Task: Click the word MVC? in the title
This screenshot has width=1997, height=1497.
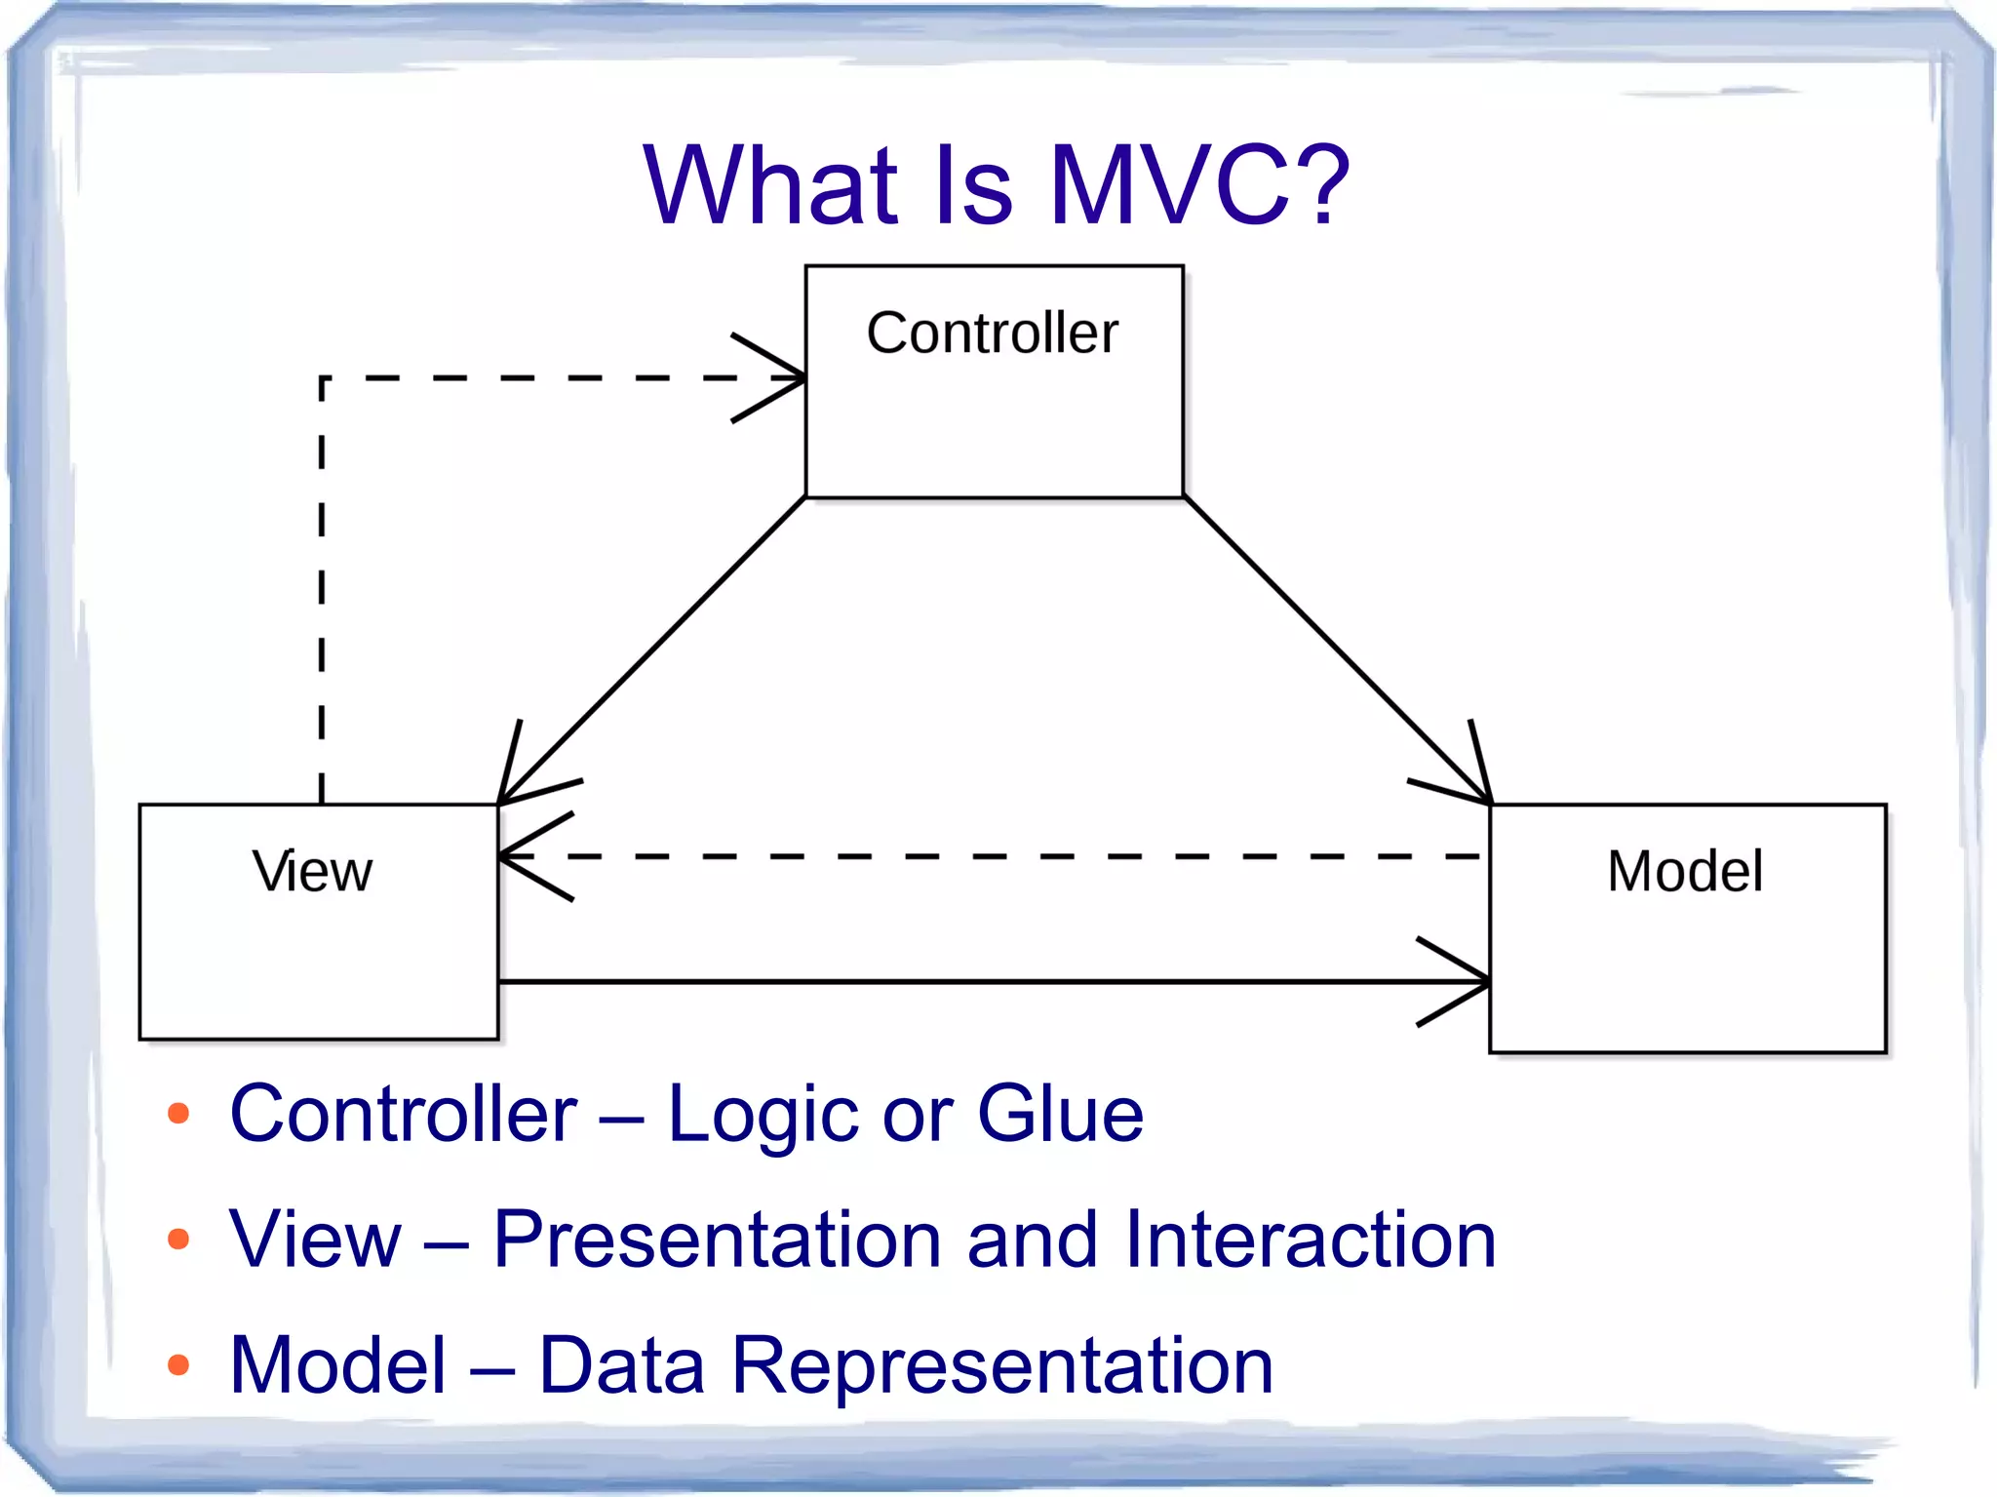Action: pyautogui.click(x=1199, y=185)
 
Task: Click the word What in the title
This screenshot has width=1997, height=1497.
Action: pyautogui.click(x=770, y=185)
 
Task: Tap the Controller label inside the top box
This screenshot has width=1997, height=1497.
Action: pyautogui.click(x=993, y=334)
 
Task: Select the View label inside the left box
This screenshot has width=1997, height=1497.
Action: pyautogui.click(x=312, y=871)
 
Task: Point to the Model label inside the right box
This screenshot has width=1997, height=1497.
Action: pyautogui.click(x=1685, y=871)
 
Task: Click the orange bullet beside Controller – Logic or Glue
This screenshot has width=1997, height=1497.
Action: pyautogui.click(x=178, y=1114)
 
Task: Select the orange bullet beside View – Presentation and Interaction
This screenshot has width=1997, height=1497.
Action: pyautogui.click(x=178, y=1239)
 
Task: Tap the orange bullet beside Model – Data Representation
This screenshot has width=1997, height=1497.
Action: pyautogui.click(x=178, y=1364)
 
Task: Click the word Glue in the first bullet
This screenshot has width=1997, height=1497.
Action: pyautogui.click(x=1060, y=1114)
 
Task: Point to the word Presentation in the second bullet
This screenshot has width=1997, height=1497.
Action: pyautogui.click(x=718, y=1239)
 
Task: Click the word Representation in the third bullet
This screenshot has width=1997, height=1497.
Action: pyautogui.click(x=1002, y=1364)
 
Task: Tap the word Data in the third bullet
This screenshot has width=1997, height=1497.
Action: pyautogui.click(x=621, y=1364)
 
